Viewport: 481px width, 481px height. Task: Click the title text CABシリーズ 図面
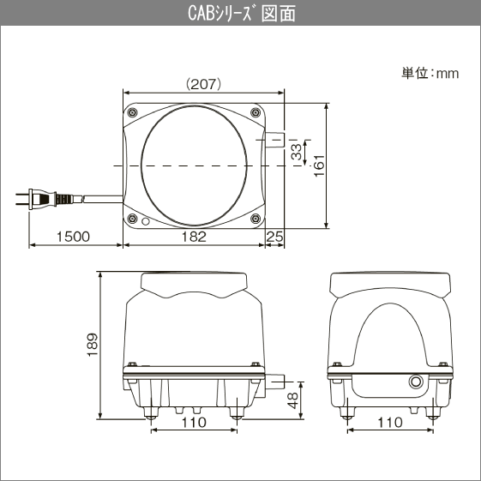(x=239, y=14)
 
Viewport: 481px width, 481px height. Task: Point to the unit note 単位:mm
(x=430, y=73)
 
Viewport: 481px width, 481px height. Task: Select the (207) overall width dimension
(x=204, y=84)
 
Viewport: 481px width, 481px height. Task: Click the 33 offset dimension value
(x=296, y=152)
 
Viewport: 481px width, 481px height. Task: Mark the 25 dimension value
(x=274, y=237)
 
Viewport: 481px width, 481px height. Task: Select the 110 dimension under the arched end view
(x=390, y=422)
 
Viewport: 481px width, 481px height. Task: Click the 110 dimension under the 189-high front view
(x=195, y=422)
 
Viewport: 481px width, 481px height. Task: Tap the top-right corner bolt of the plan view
(x=255, y=113)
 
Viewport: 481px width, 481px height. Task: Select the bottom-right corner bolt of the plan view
(x=255, y=219)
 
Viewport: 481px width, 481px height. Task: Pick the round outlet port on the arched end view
(x=418, y=381)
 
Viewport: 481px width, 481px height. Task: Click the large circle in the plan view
(x=195, y=165)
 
